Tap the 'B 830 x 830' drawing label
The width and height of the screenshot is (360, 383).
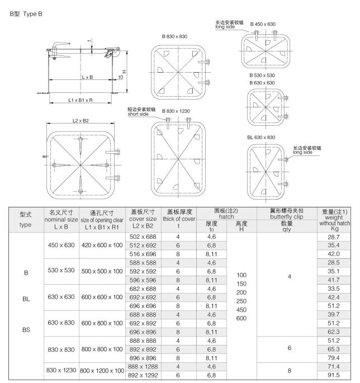(174, 36)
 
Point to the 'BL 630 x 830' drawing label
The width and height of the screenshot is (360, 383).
(261, 137)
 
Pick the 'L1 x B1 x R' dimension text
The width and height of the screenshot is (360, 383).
(80, 100)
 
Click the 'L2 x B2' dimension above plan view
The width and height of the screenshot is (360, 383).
(82, 121)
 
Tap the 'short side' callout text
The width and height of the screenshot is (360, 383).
(140, 114)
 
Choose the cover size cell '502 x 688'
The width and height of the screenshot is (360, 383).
(143, 238)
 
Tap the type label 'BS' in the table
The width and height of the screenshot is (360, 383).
(26, 330)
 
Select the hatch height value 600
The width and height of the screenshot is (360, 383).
(241, 317)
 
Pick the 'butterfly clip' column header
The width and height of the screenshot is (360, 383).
(286, 215)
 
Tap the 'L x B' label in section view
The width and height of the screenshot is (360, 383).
(87, 76)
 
